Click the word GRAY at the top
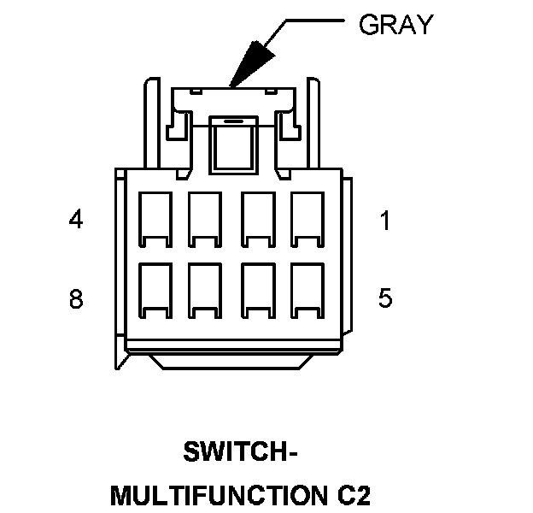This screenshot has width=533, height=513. click(x=395, y=25)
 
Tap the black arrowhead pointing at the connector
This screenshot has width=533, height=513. click(x=250, y=64)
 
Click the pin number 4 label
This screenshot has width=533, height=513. click(x=76, y=220)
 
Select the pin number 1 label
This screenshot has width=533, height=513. click(x=385, y=221)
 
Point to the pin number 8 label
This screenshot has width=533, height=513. click(x=76, y=299)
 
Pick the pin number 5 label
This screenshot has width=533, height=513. click(x=385, y=298)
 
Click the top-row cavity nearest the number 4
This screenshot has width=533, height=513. click(x=155, y=215)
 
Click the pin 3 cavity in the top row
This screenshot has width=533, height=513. click(x=206, y=215)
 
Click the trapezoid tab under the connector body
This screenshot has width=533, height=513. click(x=232, y=361)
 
